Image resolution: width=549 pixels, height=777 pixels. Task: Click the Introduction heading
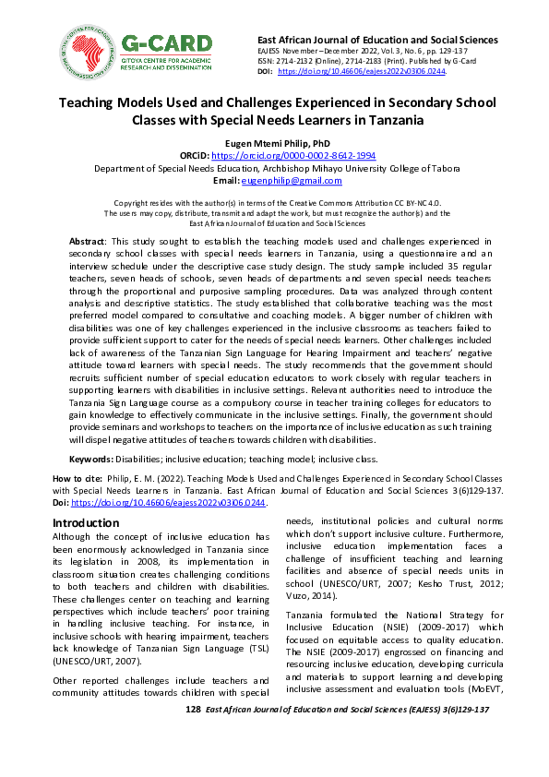point(85,523)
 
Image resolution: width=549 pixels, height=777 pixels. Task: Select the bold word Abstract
point(88,241)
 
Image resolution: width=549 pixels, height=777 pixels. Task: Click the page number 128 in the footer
point(193,709)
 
